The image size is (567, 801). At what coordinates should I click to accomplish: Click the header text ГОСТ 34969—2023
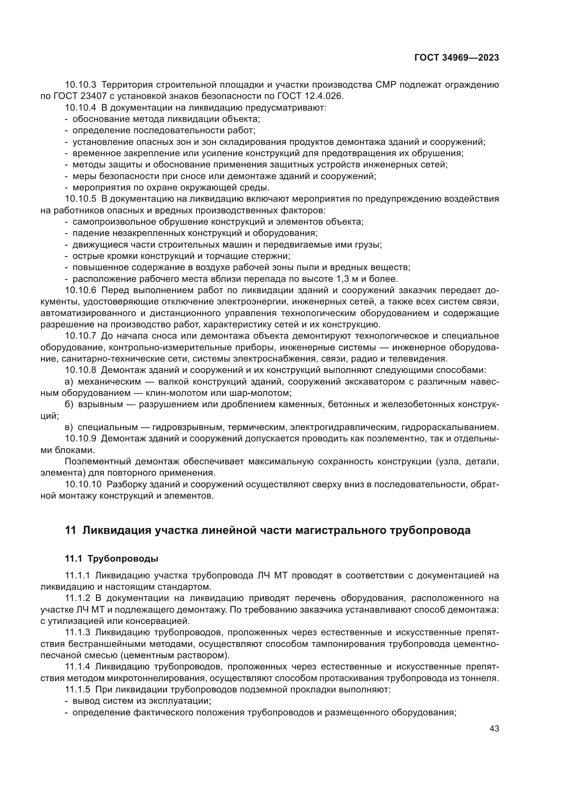456,58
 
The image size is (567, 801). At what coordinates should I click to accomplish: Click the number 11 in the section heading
70,530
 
